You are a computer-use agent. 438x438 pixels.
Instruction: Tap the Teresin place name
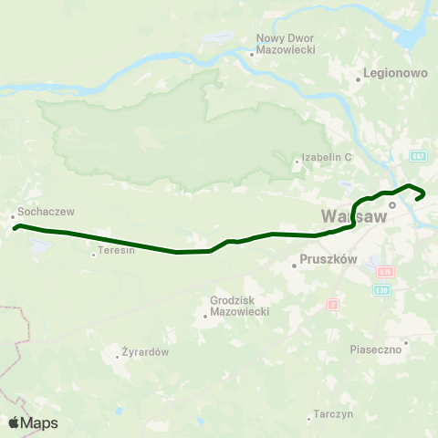[x=117, y=250]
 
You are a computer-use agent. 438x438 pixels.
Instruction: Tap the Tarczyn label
[x=331, y=413]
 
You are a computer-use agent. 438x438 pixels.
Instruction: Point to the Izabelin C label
[x=328, y=157]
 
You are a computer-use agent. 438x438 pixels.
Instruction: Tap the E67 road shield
[x=418, y=155]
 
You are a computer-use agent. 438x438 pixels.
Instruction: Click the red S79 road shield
[x=385, y=272]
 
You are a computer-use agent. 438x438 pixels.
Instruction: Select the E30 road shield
[x=381, y=290]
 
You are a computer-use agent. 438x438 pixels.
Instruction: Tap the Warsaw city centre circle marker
[x=392, y=205]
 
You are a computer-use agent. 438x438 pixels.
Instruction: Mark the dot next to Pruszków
[x=294, y=266]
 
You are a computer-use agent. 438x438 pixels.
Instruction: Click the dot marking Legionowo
[x=359, y=79]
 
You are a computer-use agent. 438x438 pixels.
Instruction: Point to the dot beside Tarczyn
[x=308, y=419]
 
